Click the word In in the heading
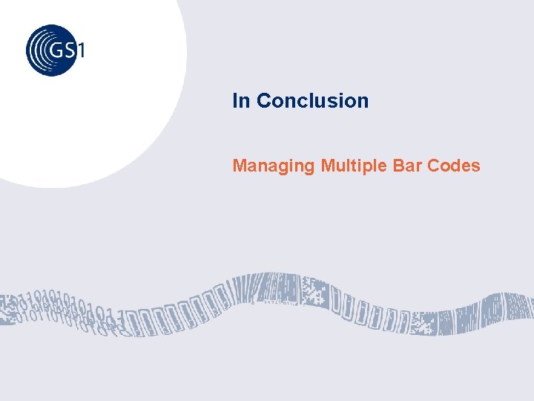click(x=241, y=101)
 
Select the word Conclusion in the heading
click(x=312, y=101)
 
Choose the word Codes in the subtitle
click(x=455, y=165)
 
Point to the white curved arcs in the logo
click(x=41, y=50)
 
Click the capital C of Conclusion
click(x=264, y=101)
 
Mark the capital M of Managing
click(x=240, y=165)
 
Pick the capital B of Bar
click(x=398, y=165)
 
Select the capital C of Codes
click(x=435, y=165)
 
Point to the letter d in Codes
click(x=458, y=165)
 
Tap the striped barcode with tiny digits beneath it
click(x=271, y=291)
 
